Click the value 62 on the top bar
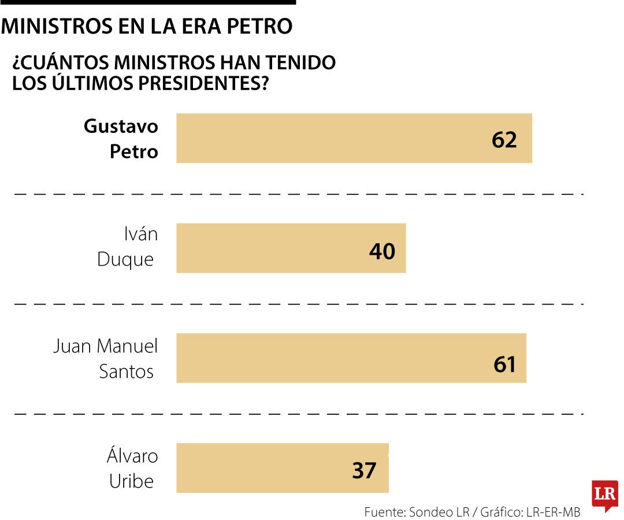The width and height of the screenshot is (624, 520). point(504,139)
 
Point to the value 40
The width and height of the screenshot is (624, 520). point(382,251)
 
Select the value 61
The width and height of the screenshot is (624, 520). point(504,364)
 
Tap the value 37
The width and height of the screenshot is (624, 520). point(364,470)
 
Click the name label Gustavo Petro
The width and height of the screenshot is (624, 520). point(121,139)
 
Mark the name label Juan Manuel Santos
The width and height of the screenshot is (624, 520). point(106,358)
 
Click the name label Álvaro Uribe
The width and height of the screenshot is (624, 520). point(132,468)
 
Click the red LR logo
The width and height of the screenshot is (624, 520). point(604,495)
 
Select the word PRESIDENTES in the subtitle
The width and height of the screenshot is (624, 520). point(202,83)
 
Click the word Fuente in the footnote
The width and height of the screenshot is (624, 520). point(383,512)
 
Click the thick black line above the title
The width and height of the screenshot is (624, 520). point(148,2)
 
